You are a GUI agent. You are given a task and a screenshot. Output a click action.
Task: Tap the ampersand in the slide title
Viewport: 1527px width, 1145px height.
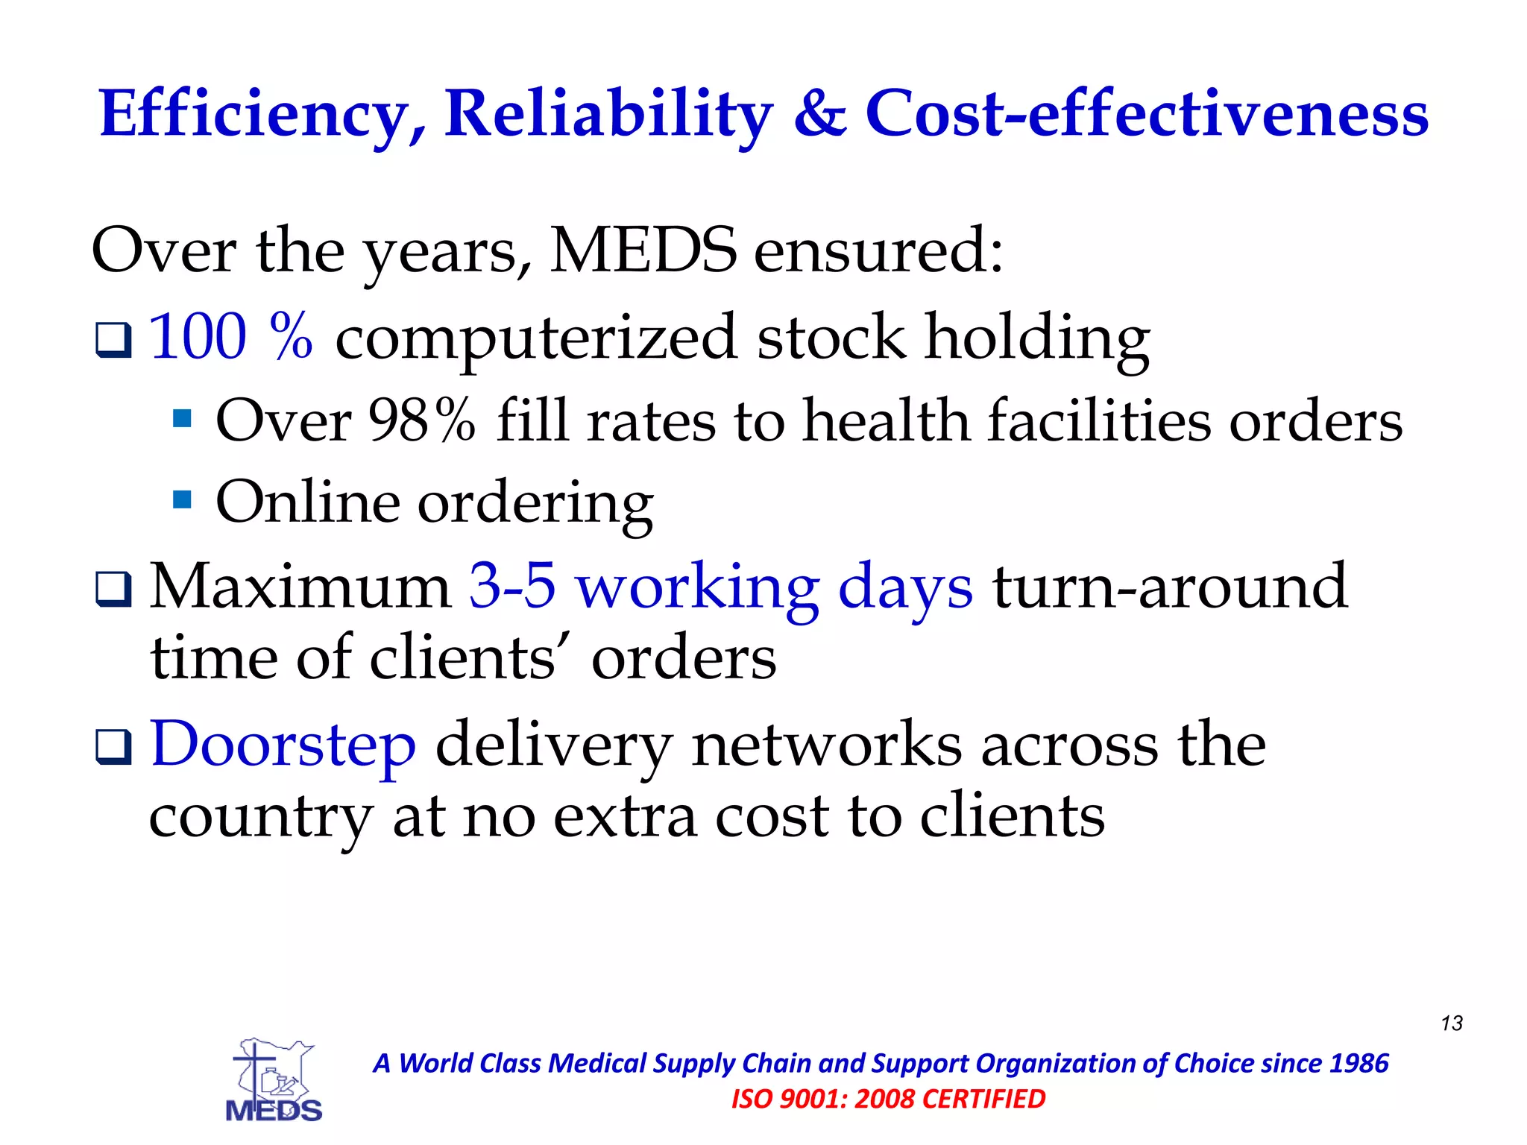point(819,114)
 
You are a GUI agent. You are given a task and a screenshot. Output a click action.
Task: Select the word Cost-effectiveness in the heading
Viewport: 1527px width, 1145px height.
point(1146,114)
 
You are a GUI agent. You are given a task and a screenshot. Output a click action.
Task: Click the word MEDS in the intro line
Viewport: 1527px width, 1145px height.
point(643,250)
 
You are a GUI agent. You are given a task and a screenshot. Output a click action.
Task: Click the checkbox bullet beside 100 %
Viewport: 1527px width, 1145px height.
point(114,340)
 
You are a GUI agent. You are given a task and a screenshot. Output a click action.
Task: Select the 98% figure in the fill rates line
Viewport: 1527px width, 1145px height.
point(422,420)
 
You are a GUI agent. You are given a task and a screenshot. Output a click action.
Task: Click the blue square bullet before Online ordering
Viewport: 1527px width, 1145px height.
point(182,498)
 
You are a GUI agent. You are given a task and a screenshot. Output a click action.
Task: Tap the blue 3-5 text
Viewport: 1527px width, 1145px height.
point(512,586)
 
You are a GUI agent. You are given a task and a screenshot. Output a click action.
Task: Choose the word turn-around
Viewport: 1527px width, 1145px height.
point(1169,586)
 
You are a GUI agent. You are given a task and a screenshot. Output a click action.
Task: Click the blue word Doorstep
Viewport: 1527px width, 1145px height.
point(283,743)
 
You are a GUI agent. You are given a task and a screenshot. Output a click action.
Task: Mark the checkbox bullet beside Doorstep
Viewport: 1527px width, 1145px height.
point(114,747)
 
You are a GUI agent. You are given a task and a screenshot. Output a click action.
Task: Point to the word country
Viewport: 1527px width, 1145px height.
point(260,817)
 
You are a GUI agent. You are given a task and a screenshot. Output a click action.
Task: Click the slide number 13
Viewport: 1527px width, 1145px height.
point(1452,1023)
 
